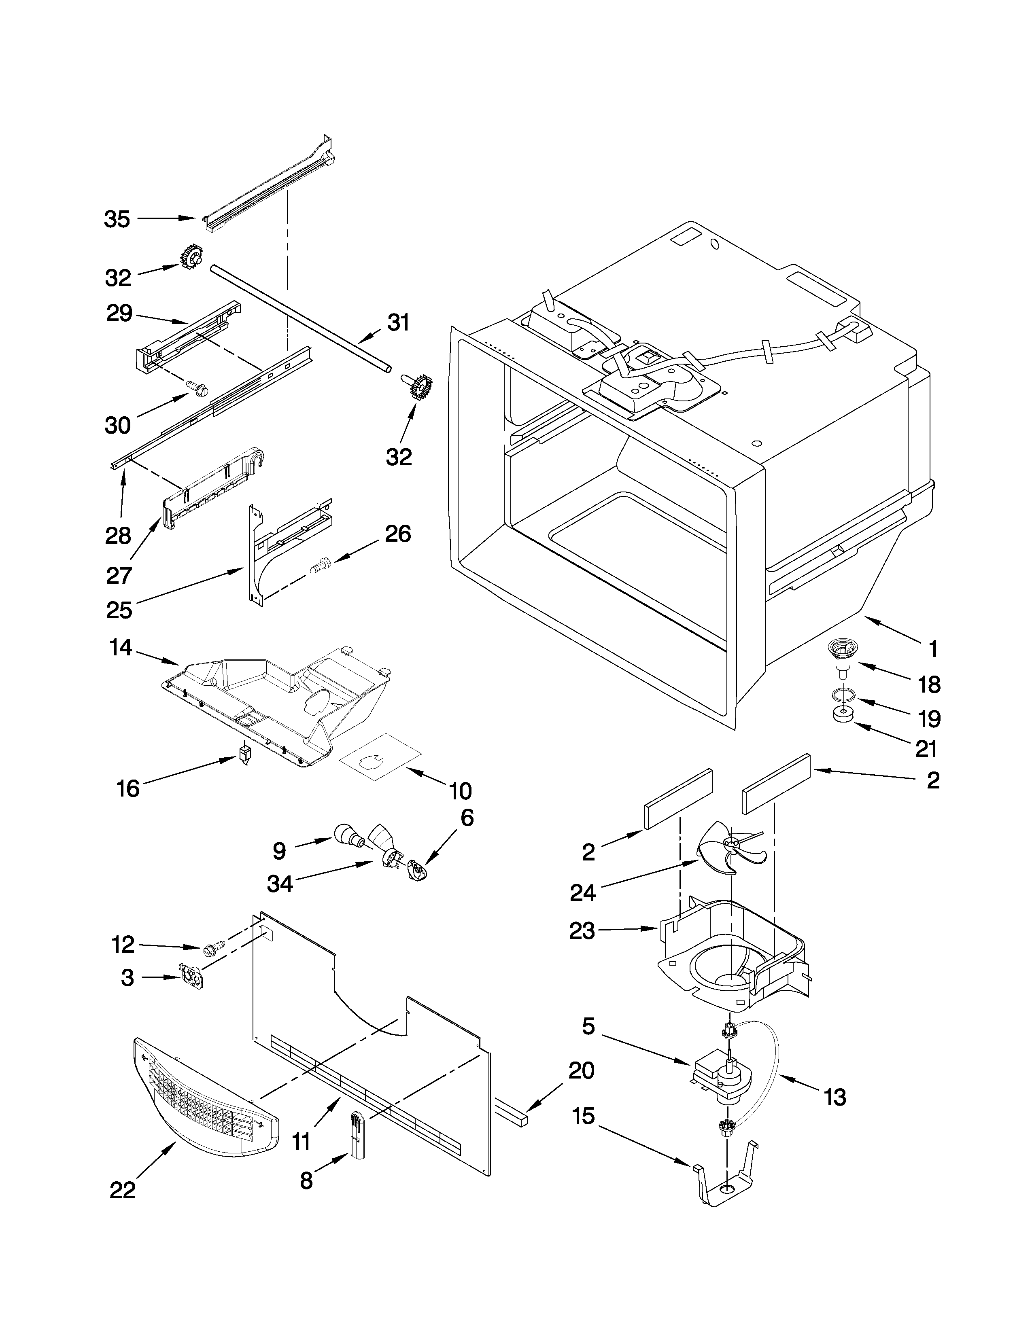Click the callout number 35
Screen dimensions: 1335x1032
point(117,219)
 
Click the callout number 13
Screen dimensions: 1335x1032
point(835,1097)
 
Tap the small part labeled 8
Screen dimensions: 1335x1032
point(357,1136)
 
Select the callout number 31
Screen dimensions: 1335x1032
point(399,323)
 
